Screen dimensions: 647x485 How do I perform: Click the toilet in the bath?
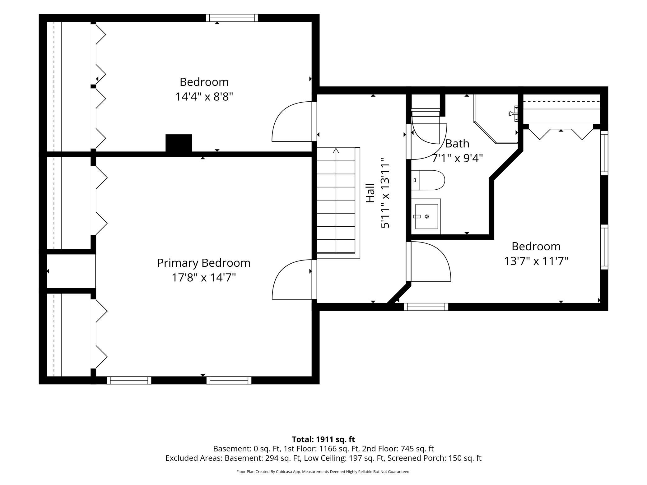[428, 180]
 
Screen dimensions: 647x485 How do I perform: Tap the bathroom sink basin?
[426, 216]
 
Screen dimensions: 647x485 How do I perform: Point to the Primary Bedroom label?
[204, 263]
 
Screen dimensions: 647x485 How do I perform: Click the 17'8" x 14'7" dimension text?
[204, 277]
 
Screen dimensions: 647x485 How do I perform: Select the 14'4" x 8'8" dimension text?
[204, 97]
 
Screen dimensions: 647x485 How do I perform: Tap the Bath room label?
[457, 144]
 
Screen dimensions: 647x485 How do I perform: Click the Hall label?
[370, 193]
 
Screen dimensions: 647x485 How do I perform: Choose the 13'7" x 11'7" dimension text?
[536, 261]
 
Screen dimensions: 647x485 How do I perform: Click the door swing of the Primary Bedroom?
[292, 279]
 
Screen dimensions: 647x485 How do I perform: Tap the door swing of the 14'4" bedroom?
[292, 122]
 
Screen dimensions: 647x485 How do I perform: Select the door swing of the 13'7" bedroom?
[431, 261]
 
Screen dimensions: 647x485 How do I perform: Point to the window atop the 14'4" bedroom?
[232, 18]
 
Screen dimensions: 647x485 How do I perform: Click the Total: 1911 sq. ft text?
[323, 439]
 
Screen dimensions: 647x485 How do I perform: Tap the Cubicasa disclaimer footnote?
[323, 472]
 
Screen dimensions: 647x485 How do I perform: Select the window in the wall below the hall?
[426, 307]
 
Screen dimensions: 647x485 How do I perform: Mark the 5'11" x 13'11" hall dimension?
[385, 193]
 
